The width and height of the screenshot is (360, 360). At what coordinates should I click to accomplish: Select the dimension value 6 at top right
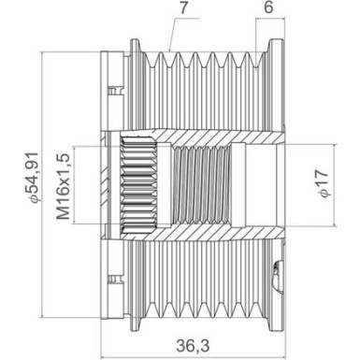(x=268, y=9)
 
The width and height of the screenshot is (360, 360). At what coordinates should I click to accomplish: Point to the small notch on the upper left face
(x=114, y=91)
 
